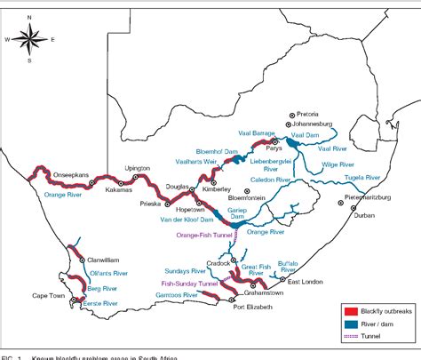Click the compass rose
tap(30, 40)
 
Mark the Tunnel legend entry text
tap(377, 339)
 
